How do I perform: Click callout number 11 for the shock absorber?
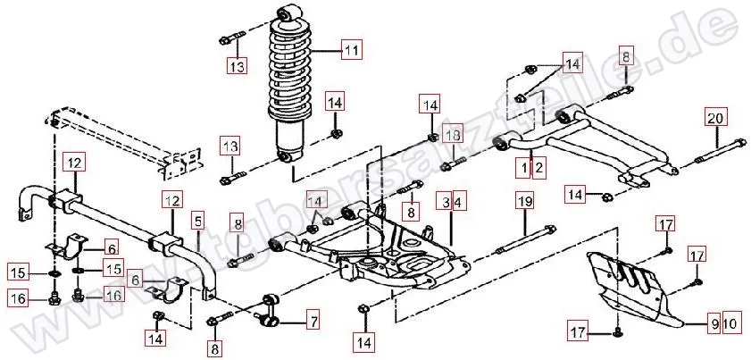[x=351, y=49]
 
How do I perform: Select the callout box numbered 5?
[x=197, y=218]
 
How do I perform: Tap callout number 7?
[x=313, y=317]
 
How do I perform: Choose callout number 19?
[x=524, y=202]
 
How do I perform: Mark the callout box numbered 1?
[x=521, y=165]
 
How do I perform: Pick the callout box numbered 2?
[x=537, y=165]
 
